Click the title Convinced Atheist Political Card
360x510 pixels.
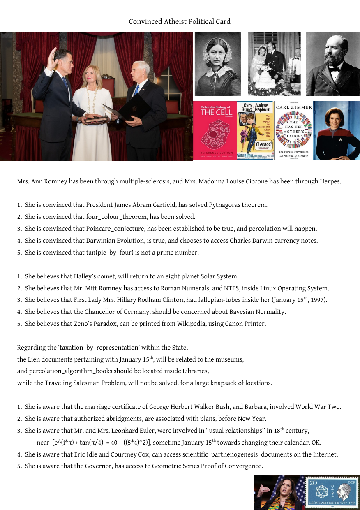[180, 21]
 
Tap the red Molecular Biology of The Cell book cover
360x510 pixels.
[215, 130]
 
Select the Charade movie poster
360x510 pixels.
[255, 130]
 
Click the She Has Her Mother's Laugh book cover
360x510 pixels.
[293, 130]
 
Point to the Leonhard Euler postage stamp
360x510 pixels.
[332, 492]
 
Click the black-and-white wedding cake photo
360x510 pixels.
[274, 64]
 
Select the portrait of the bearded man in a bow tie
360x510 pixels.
[332, 64]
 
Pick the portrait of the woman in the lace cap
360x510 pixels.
[217, 64]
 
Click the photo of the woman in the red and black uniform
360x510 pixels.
[336, 130]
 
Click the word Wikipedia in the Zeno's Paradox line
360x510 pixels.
[191, 324]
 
